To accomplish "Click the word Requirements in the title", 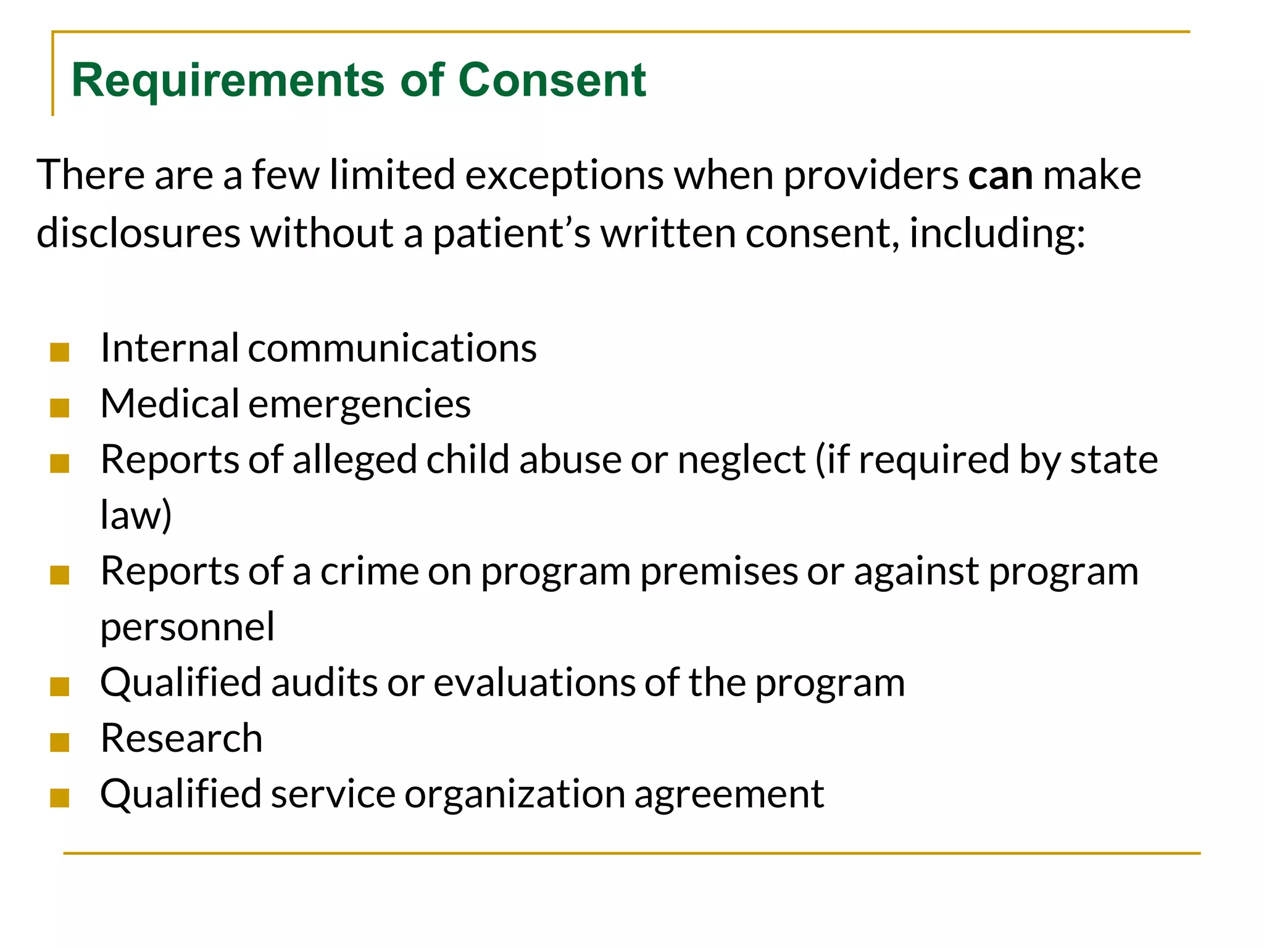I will (227, 81).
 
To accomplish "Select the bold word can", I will (1000, 175).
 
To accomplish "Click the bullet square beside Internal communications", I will (60, 352).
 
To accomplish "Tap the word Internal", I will (169, 348).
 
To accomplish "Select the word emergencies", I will (359, 405).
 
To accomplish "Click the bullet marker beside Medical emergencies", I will (60, 408).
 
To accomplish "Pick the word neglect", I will (741, 460).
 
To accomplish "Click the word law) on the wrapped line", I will (136, 515).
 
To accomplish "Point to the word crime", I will (368, 571).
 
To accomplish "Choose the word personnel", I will (187, 627).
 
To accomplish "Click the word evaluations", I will (534, 683).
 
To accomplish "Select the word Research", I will (181, 738).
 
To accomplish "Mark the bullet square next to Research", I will (60, 742).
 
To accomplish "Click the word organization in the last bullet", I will (515, 794).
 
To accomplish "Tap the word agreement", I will (728, 794).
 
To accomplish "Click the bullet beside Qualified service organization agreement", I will (60, 797).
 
